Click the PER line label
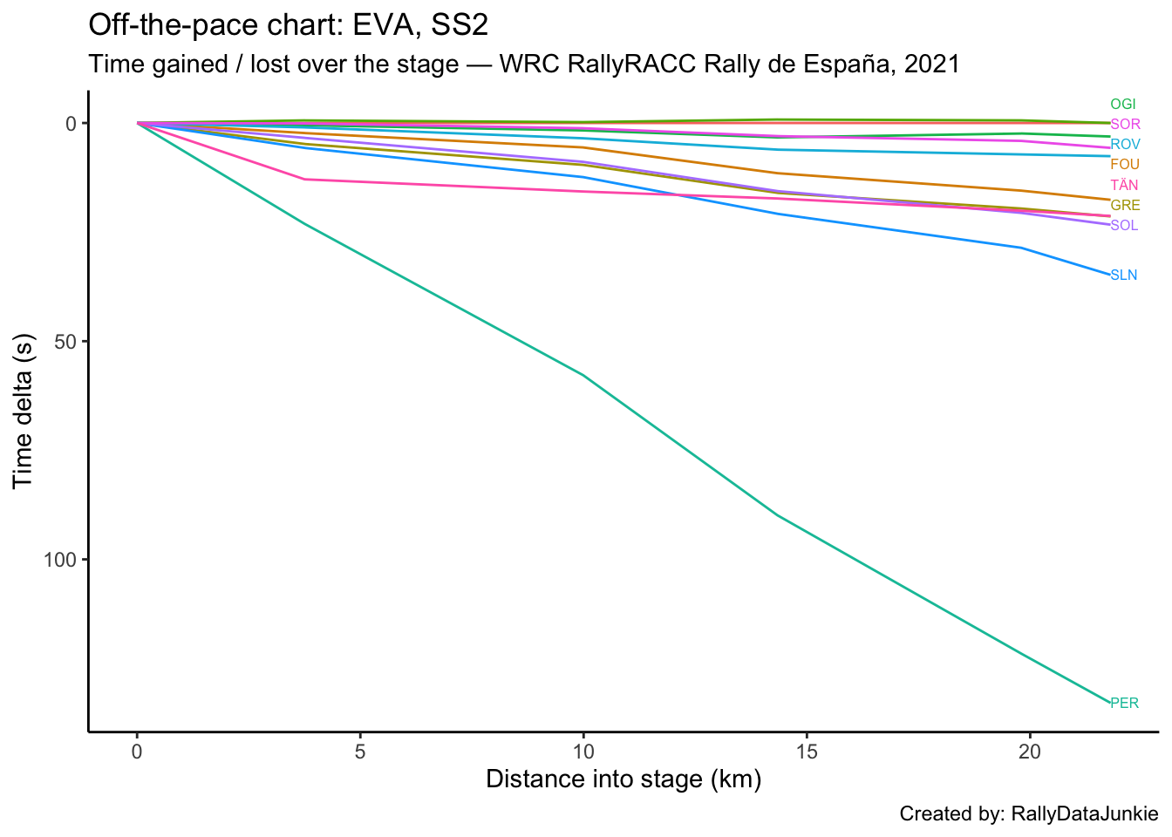tap(1124, 703)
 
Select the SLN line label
tap(1123, 276)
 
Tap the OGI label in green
tap(1123, 105)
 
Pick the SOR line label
tap(1125, 125)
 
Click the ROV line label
tap(1125, 145)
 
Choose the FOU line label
tap(1125, 165)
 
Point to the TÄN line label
tap(1124, 185)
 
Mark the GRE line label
tap(1125, 206)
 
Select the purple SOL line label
tap(1124, 226)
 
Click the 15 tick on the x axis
tap(806, 752)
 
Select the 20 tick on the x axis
tap(1029, 752)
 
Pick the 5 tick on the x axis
tap(359, 752)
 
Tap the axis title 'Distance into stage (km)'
tap(623, 779)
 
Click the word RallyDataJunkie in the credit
tap(1084, 814)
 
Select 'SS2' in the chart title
tap(459, 25)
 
